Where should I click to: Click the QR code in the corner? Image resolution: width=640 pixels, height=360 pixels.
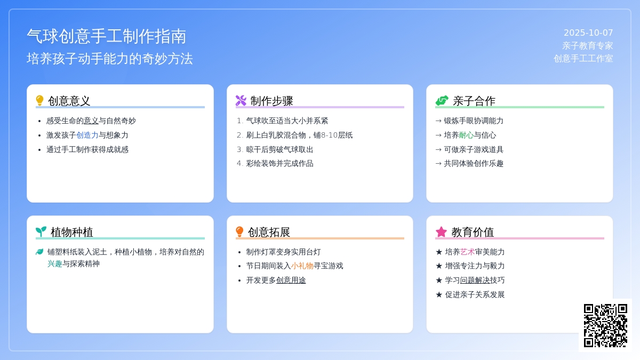[605, 325]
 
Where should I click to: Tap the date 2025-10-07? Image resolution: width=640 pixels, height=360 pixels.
[588, 33]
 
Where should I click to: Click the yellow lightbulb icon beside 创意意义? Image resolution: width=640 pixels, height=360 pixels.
[39, 101]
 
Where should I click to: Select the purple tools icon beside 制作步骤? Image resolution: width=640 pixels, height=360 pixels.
[241, 101]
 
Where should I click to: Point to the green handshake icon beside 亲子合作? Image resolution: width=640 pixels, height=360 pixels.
[442, 101]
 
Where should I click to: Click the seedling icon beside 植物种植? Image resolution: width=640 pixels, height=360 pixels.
[41, 231]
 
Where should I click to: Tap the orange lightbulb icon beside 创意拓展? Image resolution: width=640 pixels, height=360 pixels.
[239, 231]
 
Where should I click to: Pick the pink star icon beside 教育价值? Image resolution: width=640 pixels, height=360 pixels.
[441, 231]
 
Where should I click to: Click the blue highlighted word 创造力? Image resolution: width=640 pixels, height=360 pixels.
[87, 135]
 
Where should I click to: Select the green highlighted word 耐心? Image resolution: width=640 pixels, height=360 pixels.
[466, 135]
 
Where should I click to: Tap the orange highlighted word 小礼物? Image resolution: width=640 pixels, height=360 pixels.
[302, 266]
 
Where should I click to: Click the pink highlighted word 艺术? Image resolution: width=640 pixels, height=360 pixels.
[467, 252]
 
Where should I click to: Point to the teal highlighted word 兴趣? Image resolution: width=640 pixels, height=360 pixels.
[55, 263]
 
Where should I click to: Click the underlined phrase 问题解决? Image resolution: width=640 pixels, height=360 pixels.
[475, 281]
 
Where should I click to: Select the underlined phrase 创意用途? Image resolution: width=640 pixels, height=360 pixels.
[291, 281]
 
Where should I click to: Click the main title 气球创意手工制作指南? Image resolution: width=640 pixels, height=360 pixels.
[107, 37]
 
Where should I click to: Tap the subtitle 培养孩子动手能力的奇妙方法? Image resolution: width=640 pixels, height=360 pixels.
[110, 59]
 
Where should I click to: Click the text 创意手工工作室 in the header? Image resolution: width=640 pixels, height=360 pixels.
[583, 59]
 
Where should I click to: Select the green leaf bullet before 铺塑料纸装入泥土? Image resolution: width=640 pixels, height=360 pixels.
[39, 252]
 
